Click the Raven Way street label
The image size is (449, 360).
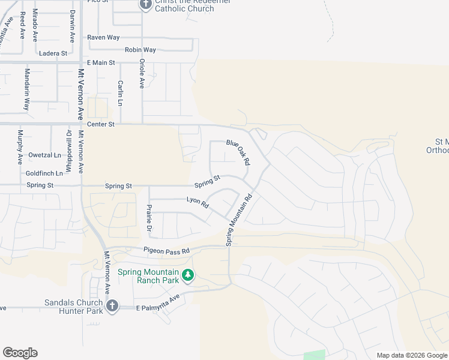pyautogui.click(x=103, y=37)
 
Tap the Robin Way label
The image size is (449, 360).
pyautogui.click(x=140, y=50)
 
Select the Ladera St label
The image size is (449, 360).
pyautogui.click(x=53, y=53)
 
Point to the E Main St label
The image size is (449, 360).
pyautogui.click(x=100, y=62)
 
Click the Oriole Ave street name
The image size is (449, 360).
pyautogui.click(x=142, y=73)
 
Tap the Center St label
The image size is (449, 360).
pyautogui.click(x=100, y=124)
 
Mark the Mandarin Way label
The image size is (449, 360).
pyautogui.click(x=26, y=89)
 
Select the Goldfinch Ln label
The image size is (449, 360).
pyautogui.click(x=44, y=173)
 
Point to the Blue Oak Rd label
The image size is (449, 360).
pyautogui.click(x=238, y=152)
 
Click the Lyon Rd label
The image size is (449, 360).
pyautogui.click(x=197, y=203)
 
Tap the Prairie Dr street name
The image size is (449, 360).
pyautogui.click(x=149, y=218)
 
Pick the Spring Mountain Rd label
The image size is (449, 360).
pyautogui.click(x=238, y=219)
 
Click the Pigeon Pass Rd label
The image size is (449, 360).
pyautogui.click(x=166, y=250)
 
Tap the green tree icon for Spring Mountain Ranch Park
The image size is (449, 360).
pyautogui.click(x=188, y=275)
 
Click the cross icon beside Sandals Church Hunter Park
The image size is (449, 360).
pyautogui.click(x=111, y=307)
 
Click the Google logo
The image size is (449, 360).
pyautogui.click(x=20, y=353)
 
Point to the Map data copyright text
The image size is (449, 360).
pyautogui.click(x=411, y=355)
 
